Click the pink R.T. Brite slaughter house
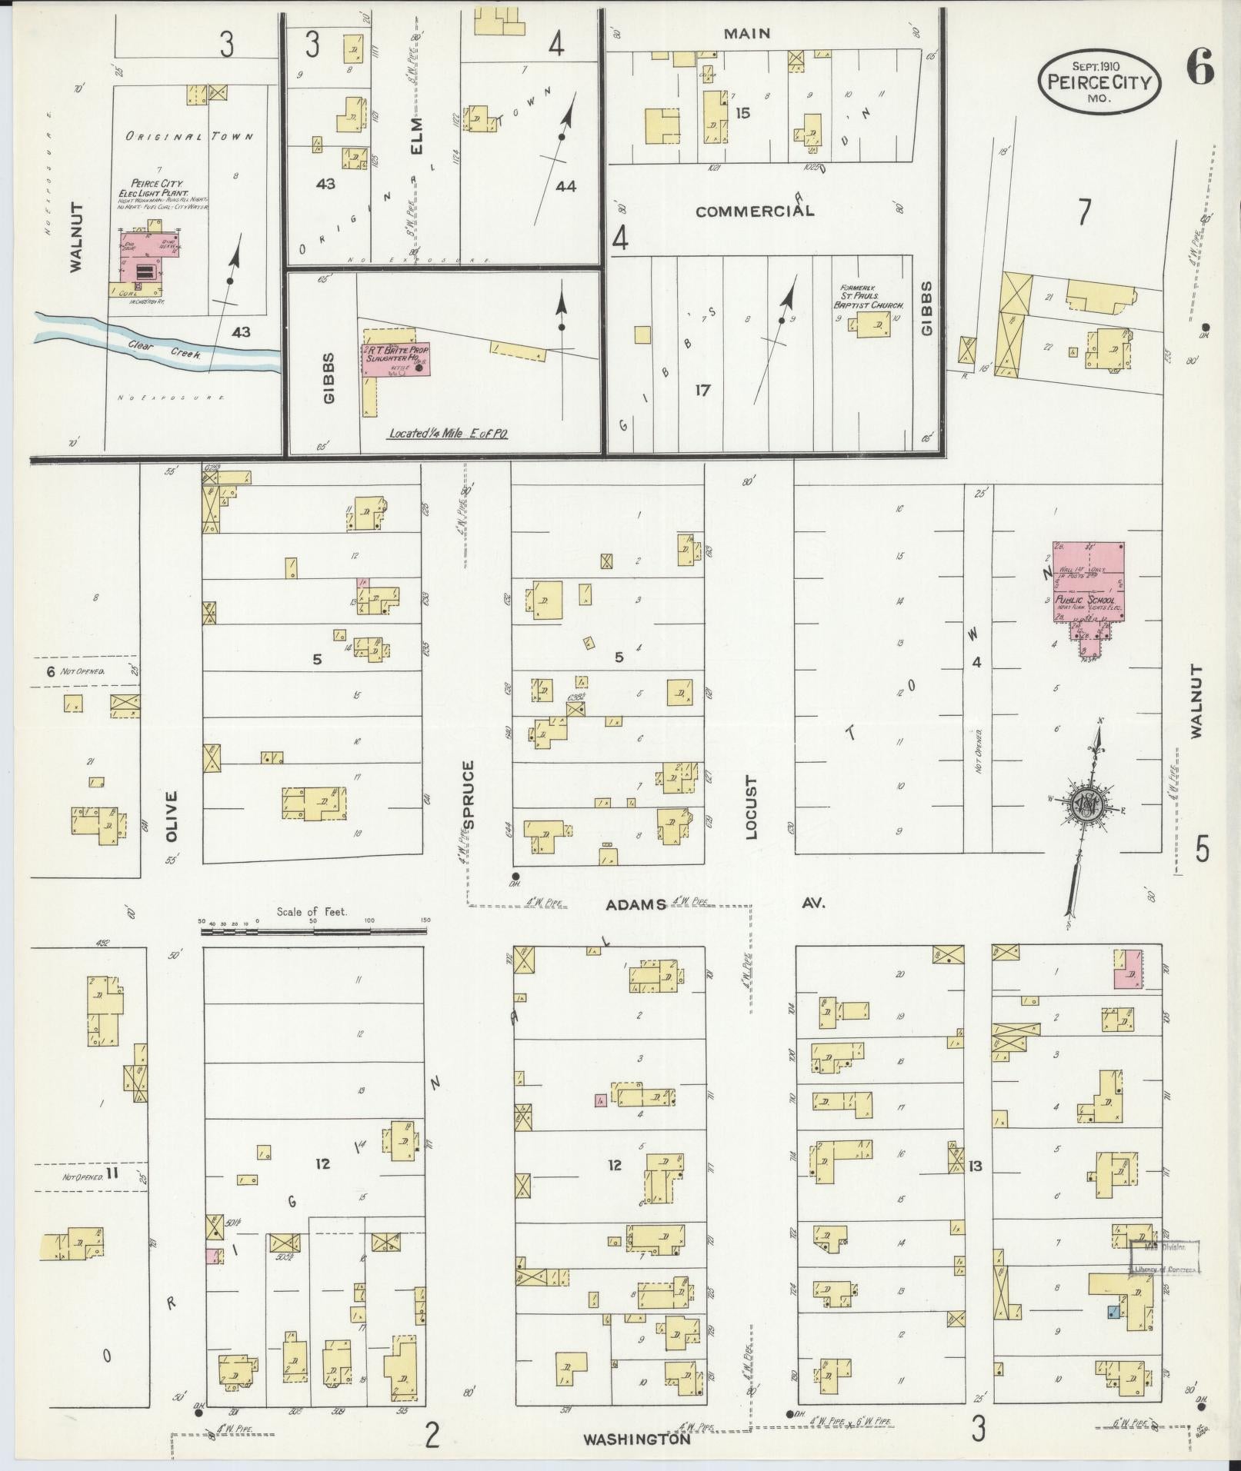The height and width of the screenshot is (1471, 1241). [395, 359]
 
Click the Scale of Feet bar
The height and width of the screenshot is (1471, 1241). [314, 930]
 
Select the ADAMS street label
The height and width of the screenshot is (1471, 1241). [636, 905]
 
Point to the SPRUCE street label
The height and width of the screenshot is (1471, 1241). [469, 794]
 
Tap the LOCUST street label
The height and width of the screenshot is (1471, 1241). [752, 807]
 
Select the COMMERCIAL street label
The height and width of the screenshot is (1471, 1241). [754, 211]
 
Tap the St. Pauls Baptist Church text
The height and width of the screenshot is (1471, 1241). [871, 296]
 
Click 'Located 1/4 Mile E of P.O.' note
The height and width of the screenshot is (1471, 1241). [448, 434]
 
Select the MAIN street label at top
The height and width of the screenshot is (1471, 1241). [746, 34]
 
